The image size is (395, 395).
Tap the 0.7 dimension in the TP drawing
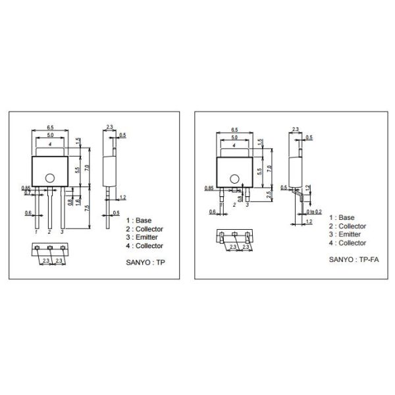click(27, 192)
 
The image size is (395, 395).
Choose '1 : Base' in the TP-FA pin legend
click(342, 217)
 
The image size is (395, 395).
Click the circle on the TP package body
click(49, 176)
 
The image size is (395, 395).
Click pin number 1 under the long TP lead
click(37, 232)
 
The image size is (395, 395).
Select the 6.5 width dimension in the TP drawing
click(50, 127)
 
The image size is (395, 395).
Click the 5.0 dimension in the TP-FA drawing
click(234, 136)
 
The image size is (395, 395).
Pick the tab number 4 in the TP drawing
click(50, 144)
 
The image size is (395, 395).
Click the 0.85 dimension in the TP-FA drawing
click(209, 189)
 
